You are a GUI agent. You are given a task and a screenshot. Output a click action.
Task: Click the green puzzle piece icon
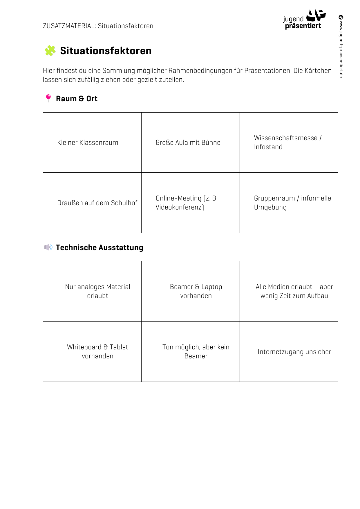50,51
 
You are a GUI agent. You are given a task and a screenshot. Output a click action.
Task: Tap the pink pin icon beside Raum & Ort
48,98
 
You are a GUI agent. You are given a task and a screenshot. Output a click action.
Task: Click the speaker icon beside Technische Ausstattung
48,247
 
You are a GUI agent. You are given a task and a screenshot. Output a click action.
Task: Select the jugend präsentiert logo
304,20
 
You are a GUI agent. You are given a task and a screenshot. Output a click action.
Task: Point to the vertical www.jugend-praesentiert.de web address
341,46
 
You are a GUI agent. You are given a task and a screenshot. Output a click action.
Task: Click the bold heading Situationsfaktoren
106,51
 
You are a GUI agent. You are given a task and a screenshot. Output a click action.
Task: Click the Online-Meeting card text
187,203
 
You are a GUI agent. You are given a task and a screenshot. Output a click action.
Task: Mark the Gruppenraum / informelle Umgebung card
292,203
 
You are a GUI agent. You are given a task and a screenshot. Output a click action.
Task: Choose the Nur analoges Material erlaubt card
97,291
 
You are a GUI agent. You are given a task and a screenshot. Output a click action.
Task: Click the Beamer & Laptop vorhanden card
196,291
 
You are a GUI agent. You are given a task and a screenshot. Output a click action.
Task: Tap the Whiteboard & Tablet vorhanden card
97,351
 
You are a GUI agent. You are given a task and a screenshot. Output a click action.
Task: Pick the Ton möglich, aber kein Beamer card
196,351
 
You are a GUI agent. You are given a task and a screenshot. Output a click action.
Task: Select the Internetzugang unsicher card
294,352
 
